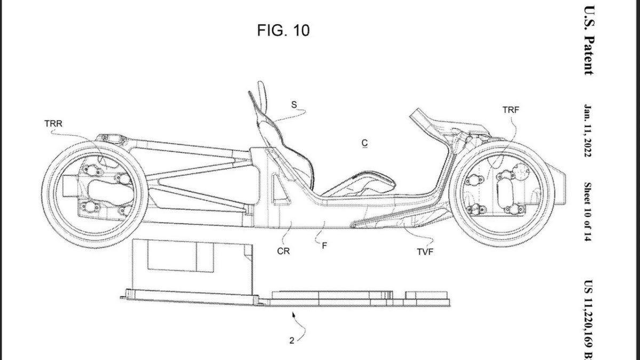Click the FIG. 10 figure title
coord(283,30)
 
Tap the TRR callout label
coord(53,124)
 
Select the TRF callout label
coord(511,110)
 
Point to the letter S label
coord(294,105)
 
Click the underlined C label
coord(365,143)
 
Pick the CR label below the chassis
coord(283,251)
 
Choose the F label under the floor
coord(324,246)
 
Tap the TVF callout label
coord(425,252)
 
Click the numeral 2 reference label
coord(292,341)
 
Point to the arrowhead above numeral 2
coord(293,315)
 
